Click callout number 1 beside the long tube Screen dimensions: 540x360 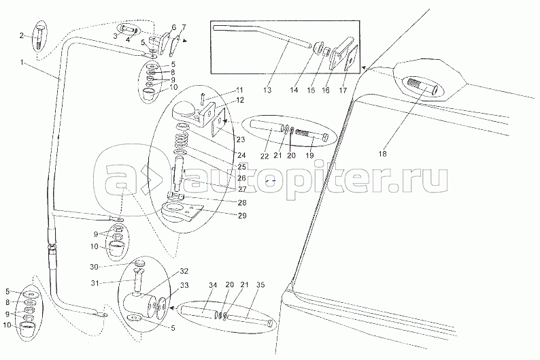click(22, 63)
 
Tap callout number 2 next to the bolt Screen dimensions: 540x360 click(22, 35)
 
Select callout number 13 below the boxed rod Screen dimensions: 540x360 click(267, 91)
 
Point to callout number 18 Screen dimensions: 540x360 click(383, 154)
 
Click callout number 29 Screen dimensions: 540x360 click(242, 216)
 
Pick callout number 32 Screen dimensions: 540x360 click(184, 271)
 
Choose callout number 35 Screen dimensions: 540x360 click(260, 285)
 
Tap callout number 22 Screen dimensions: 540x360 click(265, 156)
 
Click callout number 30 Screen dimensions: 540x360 click(95, 267)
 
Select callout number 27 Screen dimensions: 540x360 click(242, 189)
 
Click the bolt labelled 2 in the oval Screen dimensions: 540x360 click(40, 37)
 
